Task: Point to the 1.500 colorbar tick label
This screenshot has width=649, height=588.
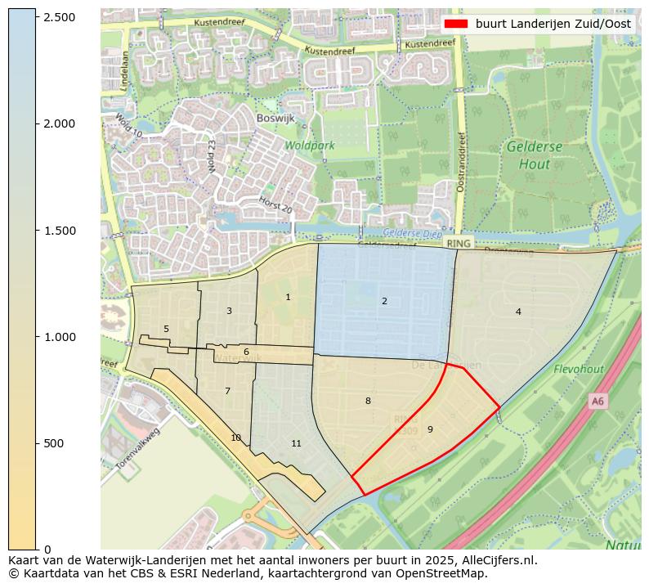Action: pyautogui.click(x=58, y=231)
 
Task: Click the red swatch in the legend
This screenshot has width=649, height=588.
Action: pyautogui.click(x=456, y=24)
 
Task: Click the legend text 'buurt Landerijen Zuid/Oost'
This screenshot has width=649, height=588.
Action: pyautogui.click(x=553, y=24)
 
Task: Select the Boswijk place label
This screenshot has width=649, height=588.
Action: pyautogui.click(x=275, y=118)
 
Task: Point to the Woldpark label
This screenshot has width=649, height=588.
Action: pyautogui.click(x=310, y=146)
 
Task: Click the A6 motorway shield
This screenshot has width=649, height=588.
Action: pyautogui.click(x=598, y=401)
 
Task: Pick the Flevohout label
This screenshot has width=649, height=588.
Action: pyautogui.click(x=579, y=370)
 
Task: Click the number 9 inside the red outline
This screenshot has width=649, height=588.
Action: pyautogui.click(x=430, y=429)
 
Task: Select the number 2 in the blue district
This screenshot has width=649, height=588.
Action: pyautogui.click(x=384, y=301)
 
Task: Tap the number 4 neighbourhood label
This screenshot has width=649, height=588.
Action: pyautogui.click(x=518, y=312)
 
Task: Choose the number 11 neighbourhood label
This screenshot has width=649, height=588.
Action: pyautogui.click(x=297, y=443)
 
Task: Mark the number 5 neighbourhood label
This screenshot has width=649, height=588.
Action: pyautogui.click(x=166, y=329)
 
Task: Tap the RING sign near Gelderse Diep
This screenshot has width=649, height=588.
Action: pyautogui.click(x=458, y=243)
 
